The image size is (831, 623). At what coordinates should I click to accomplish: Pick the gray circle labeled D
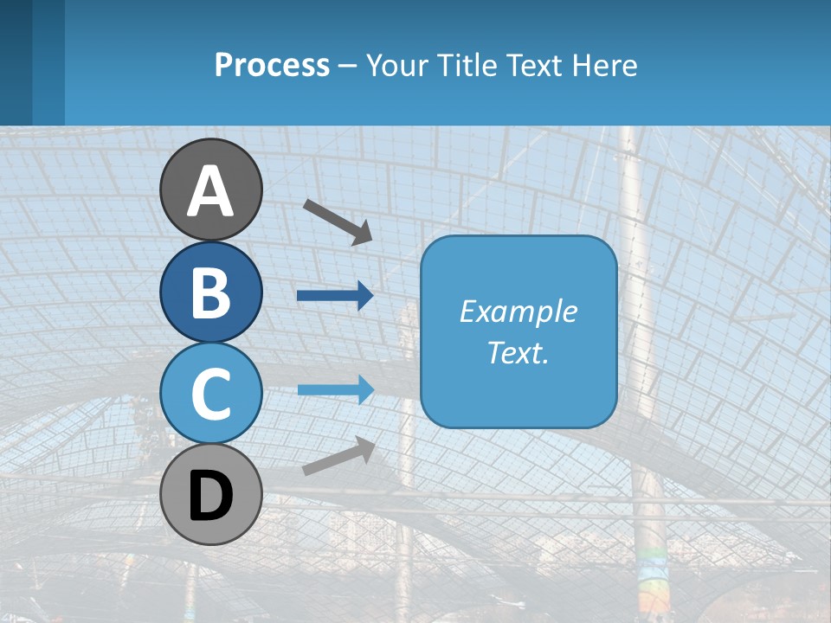tap(211, 494)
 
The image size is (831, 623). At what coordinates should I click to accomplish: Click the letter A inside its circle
tap(211, 191)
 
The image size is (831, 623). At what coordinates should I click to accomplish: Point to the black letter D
tap(211, 497)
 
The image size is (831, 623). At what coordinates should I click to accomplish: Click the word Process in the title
tap(272, 65)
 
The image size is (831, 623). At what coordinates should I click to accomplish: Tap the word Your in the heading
tap(396, 65)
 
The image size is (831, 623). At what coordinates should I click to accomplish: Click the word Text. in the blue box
tap(518, 352)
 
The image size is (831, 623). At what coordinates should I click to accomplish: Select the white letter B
tap(211, 293)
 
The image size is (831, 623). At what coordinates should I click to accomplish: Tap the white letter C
tap(211, 394)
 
